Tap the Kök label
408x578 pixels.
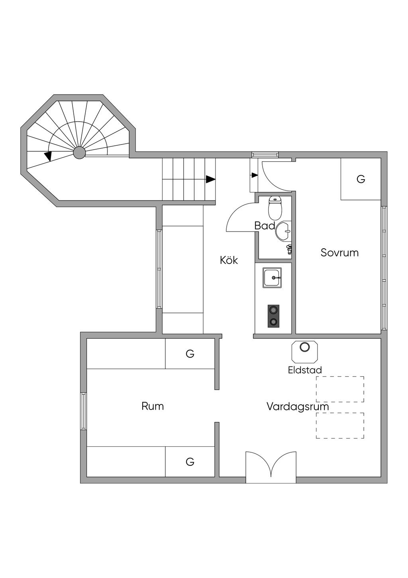(229, 260)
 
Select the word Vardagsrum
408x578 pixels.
(298, 406)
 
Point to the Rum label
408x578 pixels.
(153, 406)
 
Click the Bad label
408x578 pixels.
(265, 226)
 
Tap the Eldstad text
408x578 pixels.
(305, 370)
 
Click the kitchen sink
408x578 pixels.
(272, 277)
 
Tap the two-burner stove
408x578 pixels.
(273, 316)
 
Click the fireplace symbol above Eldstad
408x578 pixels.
(304, 351)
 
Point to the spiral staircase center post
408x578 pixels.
(79, 153)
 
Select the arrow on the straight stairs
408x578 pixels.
(210, 179)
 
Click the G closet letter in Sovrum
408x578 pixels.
(361, 179)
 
